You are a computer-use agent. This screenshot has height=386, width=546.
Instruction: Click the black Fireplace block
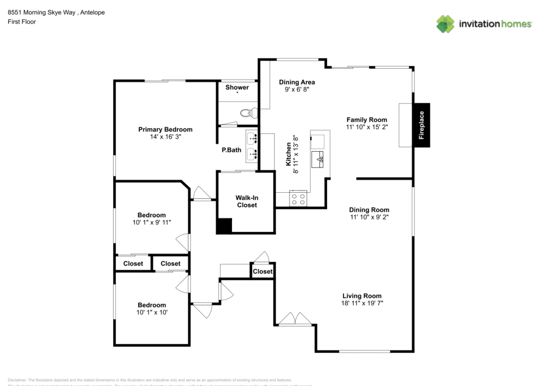click(x=422, y=125)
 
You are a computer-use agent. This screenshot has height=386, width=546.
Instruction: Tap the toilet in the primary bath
click(x=248, y=114)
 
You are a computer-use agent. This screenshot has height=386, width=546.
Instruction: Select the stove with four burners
click(x=298, y=199)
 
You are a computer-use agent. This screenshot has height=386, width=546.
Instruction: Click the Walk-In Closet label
click(x=246, y=201)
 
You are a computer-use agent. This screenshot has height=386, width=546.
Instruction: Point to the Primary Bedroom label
click(x=165, y=129)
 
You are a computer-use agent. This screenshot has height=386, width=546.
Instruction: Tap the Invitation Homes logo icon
click(x=446, y=23)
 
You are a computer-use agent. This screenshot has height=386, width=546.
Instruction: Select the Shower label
click(x=237, y=87)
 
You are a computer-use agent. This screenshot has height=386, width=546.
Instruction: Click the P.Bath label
click(x=232, y=150)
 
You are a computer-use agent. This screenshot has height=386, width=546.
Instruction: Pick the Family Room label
click(x=366, y=120)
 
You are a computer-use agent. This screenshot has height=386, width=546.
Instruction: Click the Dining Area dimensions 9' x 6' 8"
click(x=296, y=90)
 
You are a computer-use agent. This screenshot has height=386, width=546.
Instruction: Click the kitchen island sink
click(x=317, y=159)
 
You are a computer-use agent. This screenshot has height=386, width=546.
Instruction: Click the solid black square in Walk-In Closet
click(x=224, y=226)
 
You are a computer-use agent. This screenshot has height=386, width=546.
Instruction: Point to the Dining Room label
click(x=369, y=210)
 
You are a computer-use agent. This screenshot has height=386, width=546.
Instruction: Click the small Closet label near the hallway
click(x=263, y=271)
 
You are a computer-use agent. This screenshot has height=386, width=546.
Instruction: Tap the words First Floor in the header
click(x=22, y=21)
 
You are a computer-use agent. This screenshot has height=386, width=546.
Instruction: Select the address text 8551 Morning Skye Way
click(x=40, y=12)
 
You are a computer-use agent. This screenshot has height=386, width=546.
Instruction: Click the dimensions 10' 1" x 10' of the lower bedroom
click(x=152, y=312)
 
